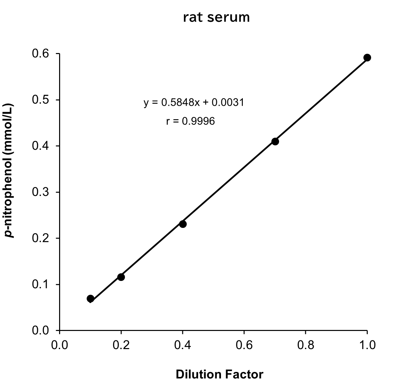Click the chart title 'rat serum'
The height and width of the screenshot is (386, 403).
coord(216,17)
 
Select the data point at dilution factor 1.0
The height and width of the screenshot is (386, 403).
coord(367,57)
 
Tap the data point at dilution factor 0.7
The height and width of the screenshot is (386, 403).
coord(275,141)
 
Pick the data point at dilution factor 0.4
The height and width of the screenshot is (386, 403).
coord(183,224)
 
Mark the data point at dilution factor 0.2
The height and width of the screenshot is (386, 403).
coord(121,277)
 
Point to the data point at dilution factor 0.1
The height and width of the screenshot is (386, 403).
coord(90,298)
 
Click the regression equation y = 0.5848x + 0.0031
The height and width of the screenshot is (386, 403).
coord(194,102)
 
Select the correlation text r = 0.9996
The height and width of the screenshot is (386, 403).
coord(190,121)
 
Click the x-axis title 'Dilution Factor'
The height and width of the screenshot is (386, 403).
coord(219,374)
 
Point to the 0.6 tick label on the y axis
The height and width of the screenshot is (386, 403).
coord(40,54)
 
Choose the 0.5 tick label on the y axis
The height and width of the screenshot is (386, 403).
coord(40,100)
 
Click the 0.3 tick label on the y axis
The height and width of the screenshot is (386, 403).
coord(40,192)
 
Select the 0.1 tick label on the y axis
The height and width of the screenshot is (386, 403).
coord(40,284)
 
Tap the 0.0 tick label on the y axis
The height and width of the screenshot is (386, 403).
coord(40,331)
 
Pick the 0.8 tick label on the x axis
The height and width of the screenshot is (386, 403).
coord(305,345)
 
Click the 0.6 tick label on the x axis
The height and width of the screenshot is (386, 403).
coord(244,345)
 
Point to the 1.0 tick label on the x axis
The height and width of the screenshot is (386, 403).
coord(367,345)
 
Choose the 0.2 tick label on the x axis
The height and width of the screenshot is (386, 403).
coord(121,345)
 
